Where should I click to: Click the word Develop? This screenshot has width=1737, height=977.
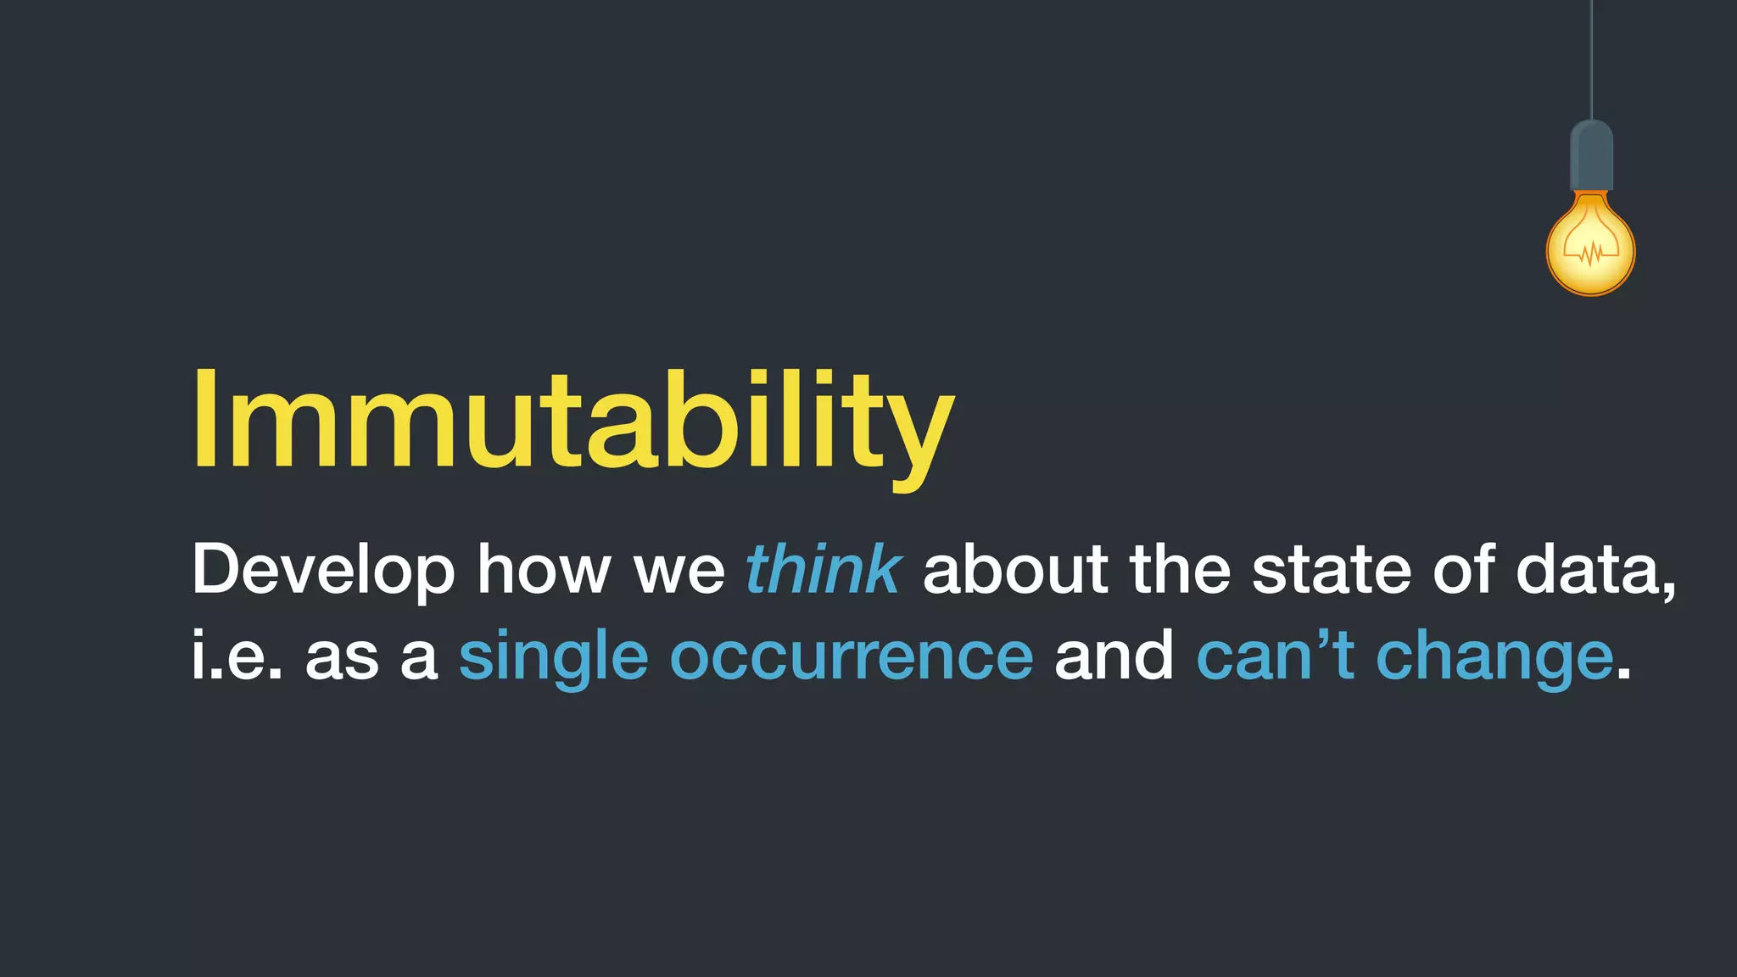point(323,570)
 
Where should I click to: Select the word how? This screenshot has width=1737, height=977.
point(544,570)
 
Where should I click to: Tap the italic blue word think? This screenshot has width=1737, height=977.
point(823,570)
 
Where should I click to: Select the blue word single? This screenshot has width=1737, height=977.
point(553,658)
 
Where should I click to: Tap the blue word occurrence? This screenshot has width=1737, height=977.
point(852,656)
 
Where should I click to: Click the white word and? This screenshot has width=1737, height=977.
point(1114,656)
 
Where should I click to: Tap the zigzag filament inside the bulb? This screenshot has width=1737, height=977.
point(1591,252)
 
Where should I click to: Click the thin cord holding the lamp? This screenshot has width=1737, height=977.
point(1591,59)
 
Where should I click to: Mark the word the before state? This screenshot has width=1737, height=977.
point(1180,570)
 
